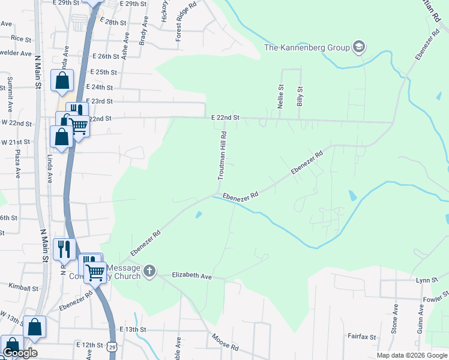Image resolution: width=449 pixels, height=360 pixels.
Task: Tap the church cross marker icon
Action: tap(149, 272)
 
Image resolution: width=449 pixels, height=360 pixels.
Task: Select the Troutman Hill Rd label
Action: tap(222, 156)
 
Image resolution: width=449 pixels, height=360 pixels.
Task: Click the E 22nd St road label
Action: tap(225, 118)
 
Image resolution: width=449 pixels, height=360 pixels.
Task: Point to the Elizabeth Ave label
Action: tap(192, 276)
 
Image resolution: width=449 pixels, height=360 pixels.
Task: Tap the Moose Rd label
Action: tap(225, 344)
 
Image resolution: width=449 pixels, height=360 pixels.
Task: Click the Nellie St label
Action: tap(280, 95)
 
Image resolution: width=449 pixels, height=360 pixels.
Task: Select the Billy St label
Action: tap(300, 97)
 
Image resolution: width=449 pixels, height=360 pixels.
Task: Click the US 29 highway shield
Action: tap(112, 347)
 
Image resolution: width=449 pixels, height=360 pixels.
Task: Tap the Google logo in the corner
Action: tap(20, 353)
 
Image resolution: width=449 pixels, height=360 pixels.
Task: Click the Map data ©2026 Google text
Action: tap(412, 355)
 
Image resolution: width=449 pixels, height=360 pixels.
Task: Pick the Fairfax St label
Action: tap(362, 337)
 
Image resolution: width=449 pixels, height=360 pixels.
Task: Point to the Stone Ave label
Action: tap(395, 318)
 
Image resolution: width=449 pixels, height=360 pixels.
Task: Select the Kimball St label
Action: tap(23, 287)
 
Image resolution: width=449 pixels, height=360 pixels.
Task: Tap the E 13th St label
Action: tap(133, 329)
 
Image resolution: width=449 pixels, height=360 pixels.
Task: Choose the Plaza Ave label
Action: tap(18, 164)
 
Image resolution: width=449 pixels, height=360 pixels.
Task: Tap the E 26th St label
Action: tap(109, 56)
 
